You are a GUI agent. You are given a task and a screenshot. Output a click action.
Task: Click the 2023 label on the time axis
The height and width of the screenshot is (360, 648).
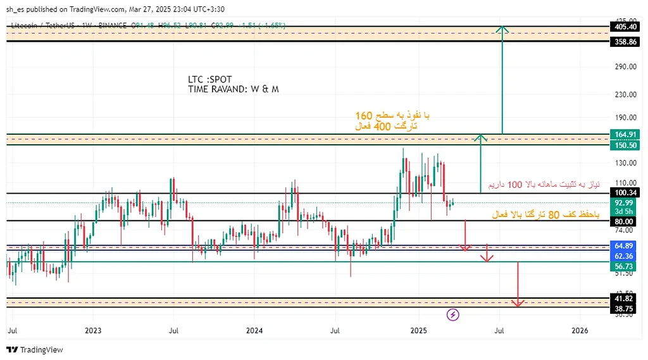tap(93, 330)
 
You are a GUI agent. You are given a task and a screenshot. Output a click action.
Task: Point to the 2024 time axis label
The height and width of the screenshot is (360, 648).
tap(254, 330)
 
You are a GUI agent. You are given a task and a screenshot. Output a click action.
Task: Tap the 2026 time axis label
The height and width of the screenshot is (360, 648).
tap(580, 330)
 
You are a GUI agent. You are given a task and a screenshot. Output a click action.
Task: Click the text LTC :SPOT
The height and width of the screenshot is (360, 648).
tap(210, 80)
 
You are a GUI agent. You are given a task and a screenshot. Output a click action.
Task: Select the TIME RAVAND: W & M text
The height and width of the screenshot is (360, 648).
tap(233, 90)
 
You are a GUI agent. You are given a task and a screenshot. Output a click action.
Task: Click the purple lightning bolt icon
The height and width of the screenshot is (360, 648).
tap(453, 314)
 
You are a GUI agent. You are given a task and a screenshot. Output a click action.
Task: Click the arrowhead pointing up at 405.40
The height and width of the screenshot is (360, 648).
tap(502, 28)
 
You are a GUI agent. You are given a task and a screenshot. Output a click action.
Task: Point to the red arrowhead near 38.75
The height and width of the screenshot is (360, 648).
tap(518, 303)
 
